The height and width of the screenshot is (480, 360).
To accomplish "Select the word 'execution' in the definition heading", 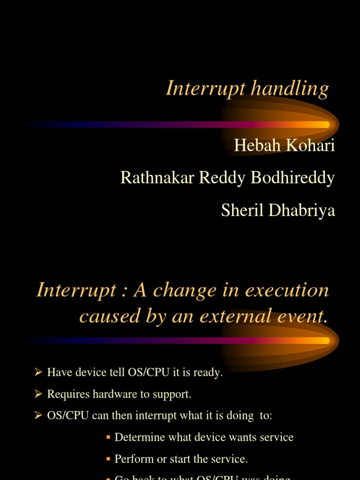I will tap(287, 290).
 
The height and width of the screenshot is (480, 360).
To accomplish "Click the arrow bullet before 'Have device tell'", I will tap(38, 373).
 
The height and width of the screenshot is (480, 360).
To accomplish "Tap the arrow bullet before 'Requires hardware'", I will tap(38, 394).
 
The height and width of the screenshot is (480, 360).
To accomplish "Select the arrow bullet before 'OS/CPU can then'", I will tap(38, 416).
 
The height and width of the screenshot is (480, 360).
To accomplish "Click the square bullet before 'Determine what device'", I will tap(108, 437).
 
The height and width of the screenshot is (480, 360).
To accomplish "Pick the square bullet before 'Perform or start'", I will tap(108, 459).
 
